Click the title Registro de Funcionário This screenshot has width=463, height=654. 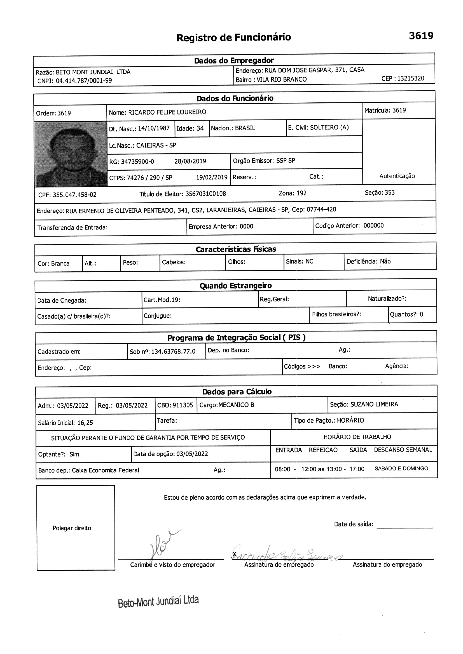click(x=233, y=37)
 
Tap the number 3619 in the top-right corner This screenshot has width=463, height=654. click(x=421, y=36)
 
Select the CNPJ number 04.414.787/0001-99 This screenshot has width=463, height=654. click(x=84, y=81)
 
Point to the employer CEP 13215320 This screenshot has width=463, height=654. click(x=411, y=79)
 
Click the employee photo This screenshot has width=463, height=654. click(x=71, y=154)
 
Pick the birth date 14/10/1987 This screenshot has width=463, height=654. click(x=154, y=128)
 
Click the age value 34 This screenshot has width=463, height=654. click(x=200, y=128)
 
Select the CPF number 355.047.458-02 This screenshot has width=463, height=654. click(x=74, y=195)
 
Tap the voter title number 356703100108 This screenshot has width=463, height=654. click(x=205, y=194)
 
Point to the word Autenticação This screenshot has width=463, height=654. click(x=397, y=176)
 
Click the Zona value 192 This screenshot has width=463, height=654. click(x=301, y=193)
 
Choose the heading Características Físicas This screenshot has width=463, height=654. click(x=236, y=249)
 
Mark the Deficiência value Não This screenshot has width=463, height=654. click(x=385, y=262)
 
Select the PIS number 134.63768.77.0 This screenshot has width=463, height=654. click(x=173, y=352)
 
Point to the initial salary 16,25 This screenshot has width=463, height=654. click(x=85, y=423)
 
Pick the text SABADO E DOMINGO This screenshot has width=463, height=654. click(x=401, y=469)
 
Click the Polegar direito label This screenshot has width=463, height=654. click(x=72, y=528)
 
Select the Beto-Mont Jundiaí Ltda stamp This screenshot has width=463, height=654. click(x=158, y=601)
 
